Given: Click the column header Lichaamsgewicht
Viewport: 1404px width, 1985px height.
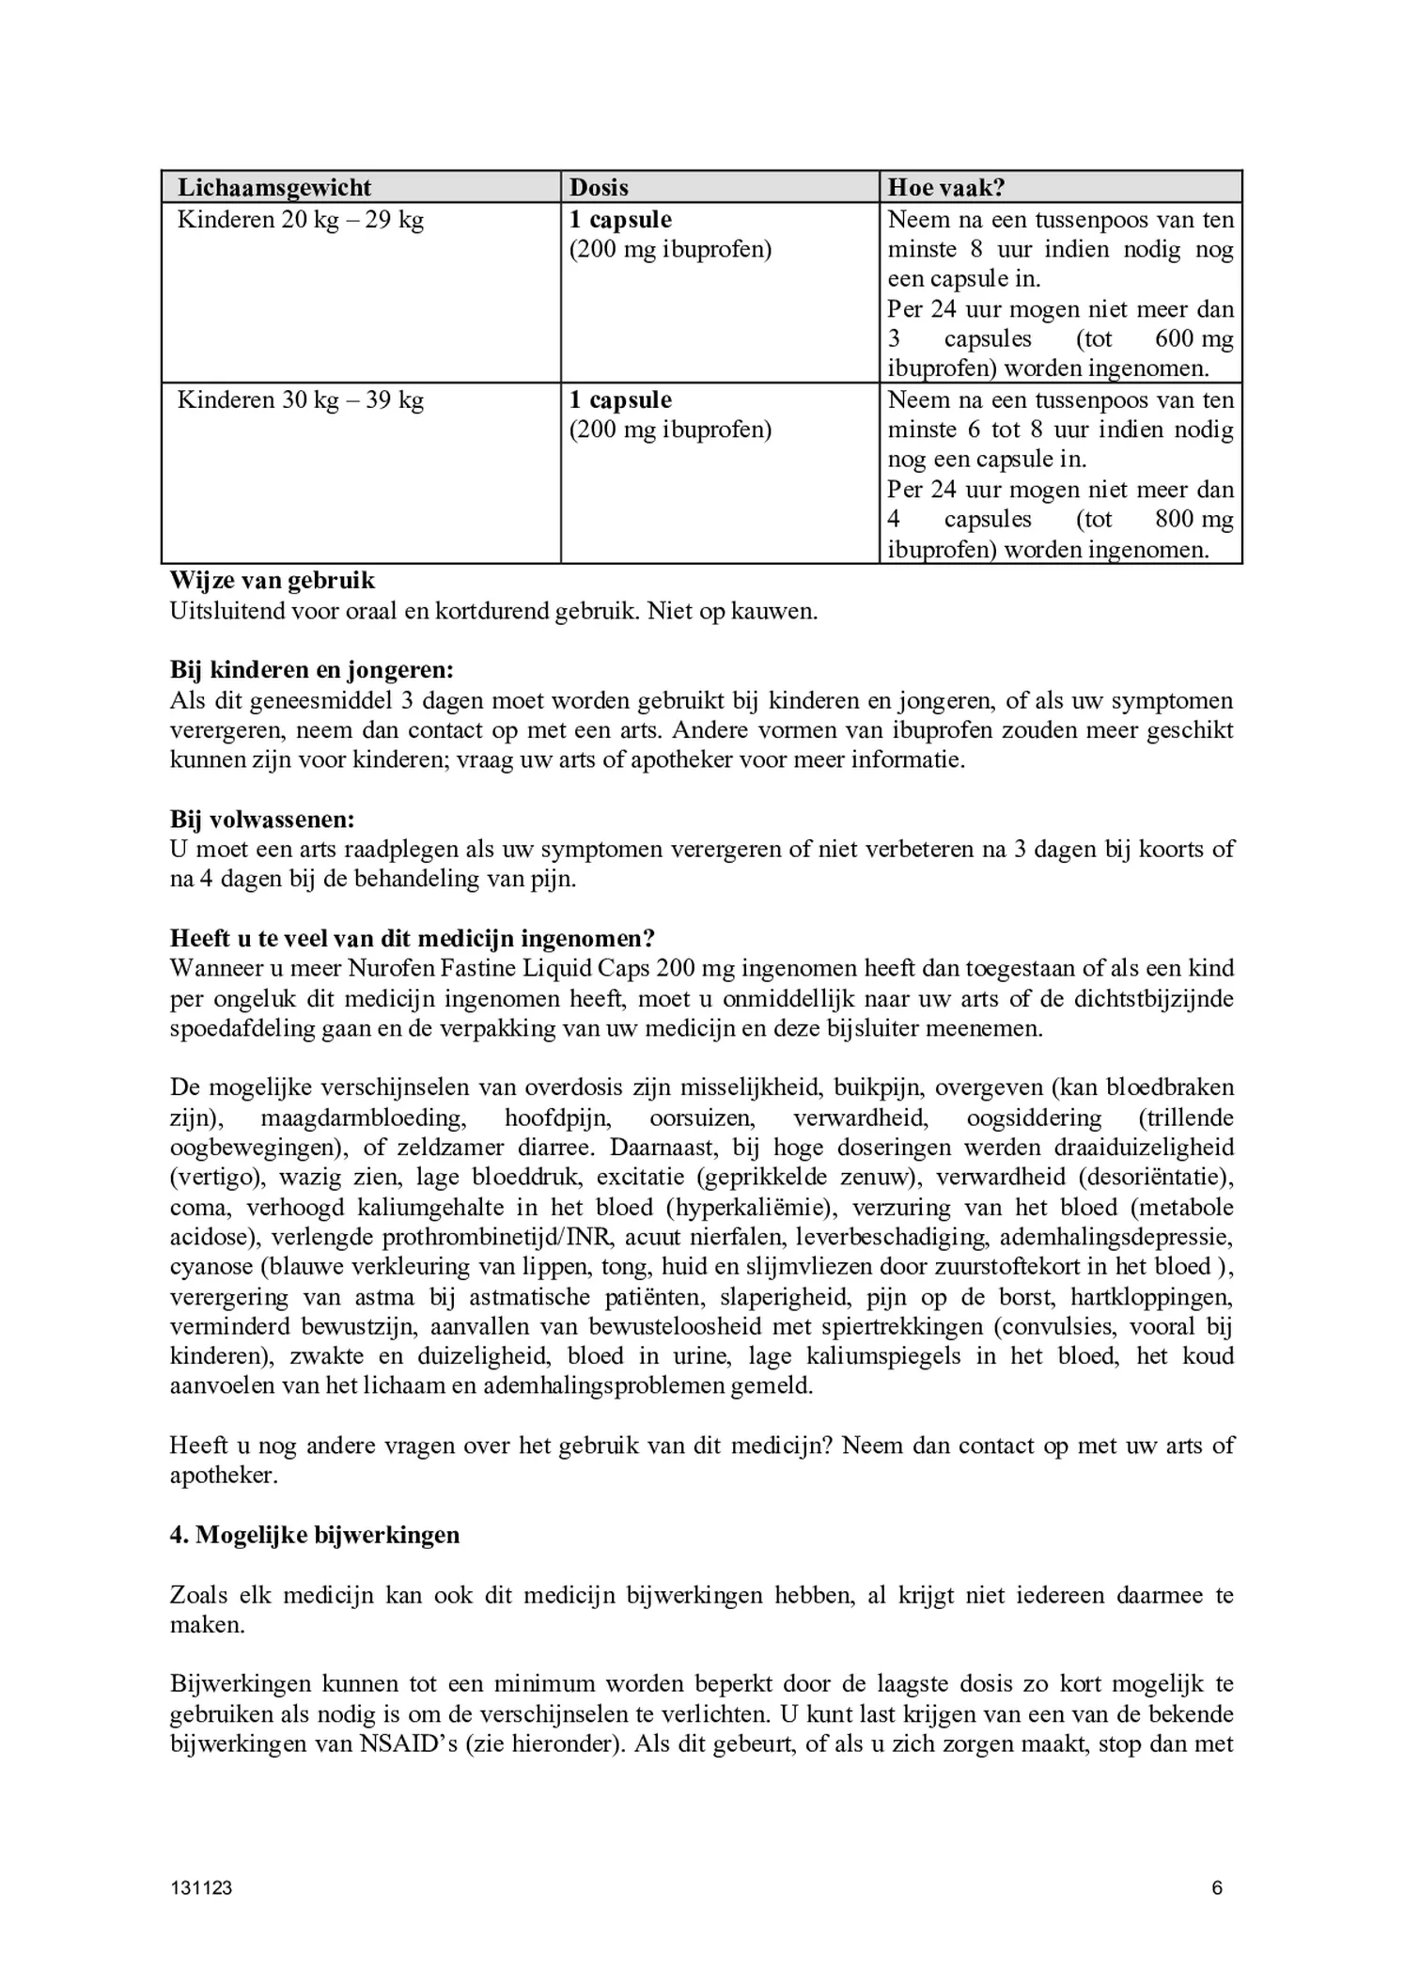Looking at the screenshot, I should [x=274, y=187].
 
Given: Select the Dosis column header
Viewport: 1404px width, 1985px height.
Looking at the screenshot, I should [x=599, y=187].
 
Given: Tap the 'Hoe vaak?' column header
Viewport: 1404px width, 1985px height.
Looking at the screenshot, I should [x=945, y=187].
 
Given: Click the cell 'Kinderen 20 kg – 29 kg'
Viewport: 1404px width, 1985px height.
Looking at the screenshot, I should [x=301, y=220].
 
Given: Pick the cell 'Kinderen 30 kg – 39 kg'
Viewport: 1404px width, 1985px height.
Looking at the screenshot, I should [x=301, y=400].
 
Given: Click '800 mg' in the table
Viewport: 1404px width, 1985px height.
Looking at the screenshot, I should [x=1193, y=520].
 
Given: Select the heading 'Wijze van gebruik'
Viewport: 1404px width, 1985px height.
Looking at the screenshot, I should [x=273, y=581].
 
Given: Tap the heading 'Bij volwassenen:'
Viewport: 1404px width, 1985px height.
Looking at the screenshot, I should [x=262, y=820].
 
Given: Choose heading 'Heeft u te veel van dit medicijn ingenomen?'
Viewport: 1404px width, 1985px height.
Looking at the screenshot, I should [x=413, y=939].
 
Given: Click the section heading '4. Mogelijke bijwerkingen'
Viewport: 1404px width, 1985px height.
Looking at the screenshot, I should [x=315, y=1535].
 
